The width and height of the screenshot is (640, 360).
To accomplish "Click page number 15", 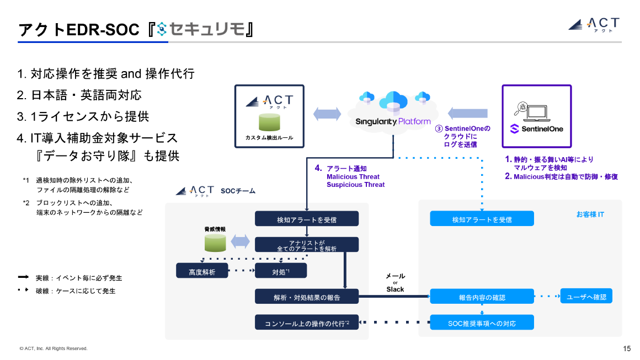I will [627, 348].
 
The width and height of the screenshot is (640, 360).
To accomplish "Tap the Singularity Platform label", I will [392, 121].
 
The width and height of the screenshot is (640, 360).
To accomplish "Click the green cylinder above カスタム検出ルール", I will [269, 122].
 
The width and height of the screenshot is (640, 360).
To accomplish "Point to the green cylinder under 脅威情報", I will [215, 241].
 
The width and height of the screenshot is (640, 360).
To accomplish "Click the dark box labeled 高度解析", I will [201, 271].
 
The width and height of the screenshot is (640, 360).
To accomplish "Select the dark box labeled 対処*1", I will [280, 271].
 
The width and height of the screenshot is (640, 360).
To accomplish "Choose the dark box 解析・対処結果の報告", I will [307, 297].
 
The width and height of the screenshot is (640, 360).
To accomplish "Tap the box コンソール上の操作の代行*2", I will [307, 323].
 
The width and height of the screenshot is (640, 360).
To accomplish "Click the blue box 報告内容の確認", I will [482, 297].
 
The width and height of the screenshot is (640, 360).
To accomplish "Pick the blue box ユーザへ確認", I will [586, 296].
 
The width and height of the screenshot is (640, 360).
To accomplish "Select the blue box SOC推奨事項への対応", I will [482, 323].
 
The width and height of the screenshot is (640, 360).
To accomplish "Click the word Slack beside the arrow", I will [395, 289].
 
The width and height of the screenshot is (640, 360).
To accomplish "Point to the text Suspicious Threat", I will [355, 185].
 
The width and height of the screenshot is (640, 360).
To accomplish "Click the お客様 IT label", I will [590, 214].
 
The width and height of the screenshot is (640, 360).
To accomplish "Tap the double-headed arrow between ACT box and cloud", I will [327, 114].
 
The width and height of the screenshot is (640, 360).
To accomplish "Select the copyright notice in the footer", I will [54, 348].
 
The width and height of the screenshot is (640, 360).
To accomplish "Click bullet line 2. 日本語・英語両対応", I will [79, 95].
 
